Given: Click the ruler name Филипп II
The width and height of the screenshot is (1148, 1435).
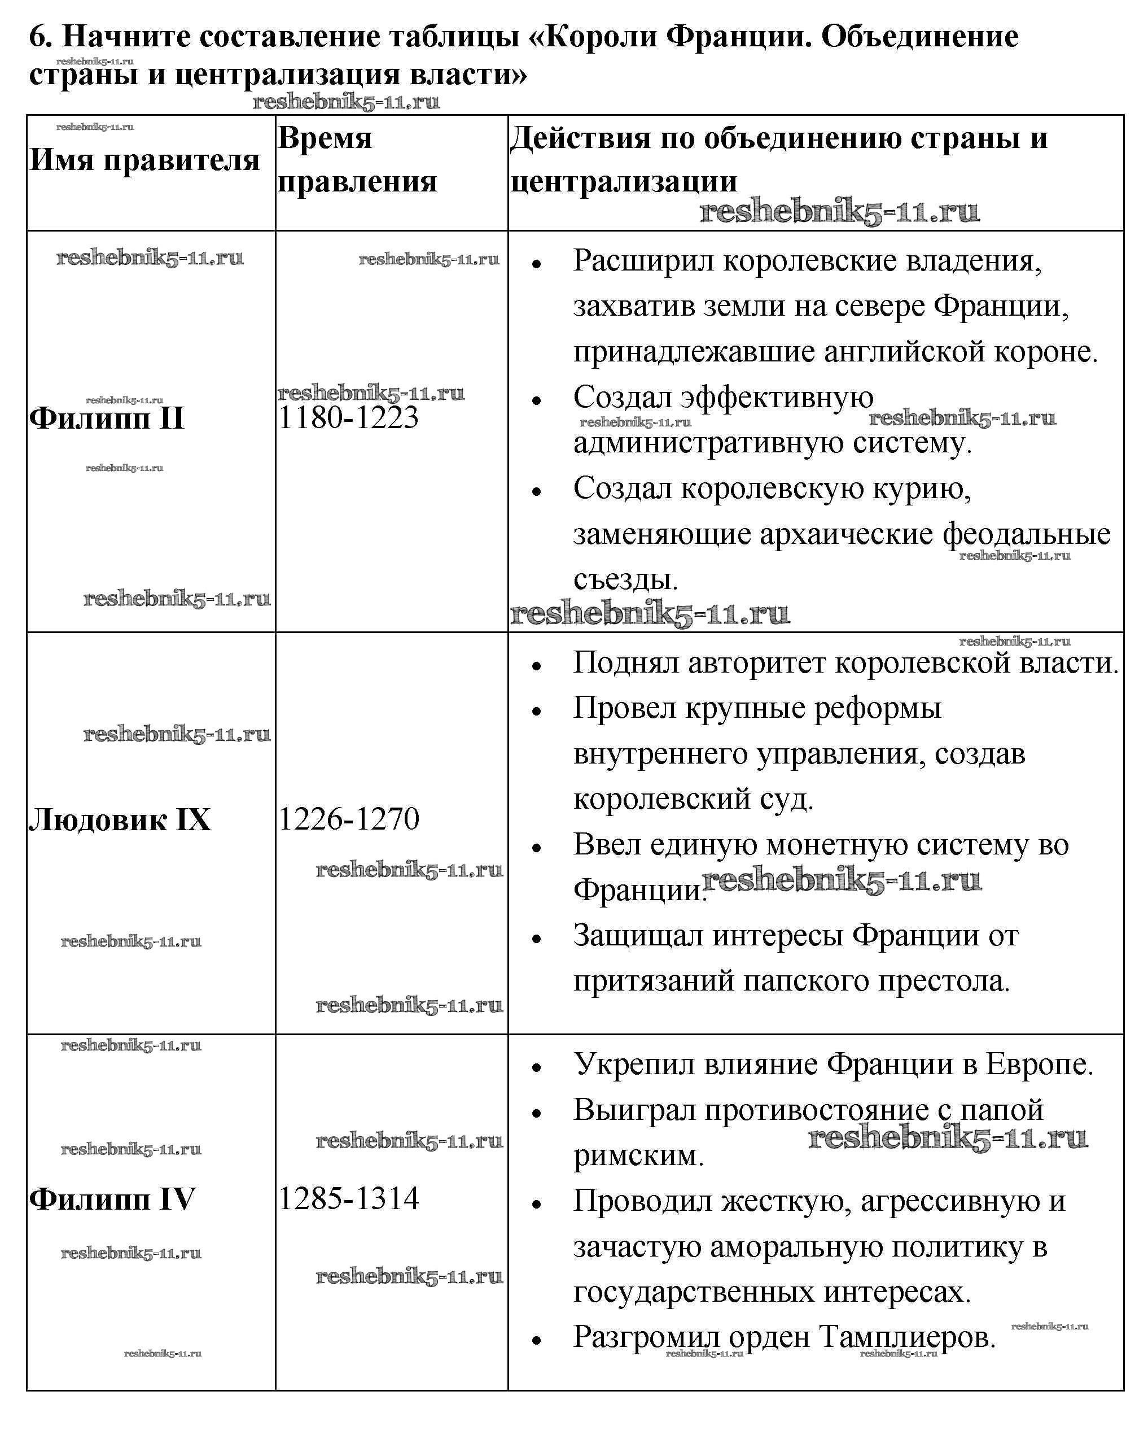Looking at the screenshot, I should [x=107, y=418].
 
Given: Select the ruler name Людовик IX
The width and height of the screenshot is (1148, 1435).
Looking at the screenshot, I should [x=120, y=819].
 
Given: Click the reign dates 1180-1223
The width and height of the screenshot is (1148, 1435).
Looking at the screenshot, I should [x=348, y=418].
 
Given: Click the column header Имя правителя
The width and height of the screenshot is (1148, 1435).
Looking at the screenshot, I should [x=144, y=160].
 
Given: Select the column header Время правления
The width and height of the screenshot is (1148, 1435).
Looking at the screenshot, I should [x=357, y=160].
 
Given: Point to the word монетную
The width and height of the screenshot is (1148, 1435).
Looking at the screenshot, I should [x=836, y=845].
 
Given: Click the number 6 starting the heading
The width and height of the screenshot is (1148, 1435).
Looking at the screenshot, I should [x=41, y=37].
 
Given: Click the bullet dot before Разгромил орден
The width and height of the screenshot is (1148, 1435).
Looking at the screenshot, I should [x=537, y=1340].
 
